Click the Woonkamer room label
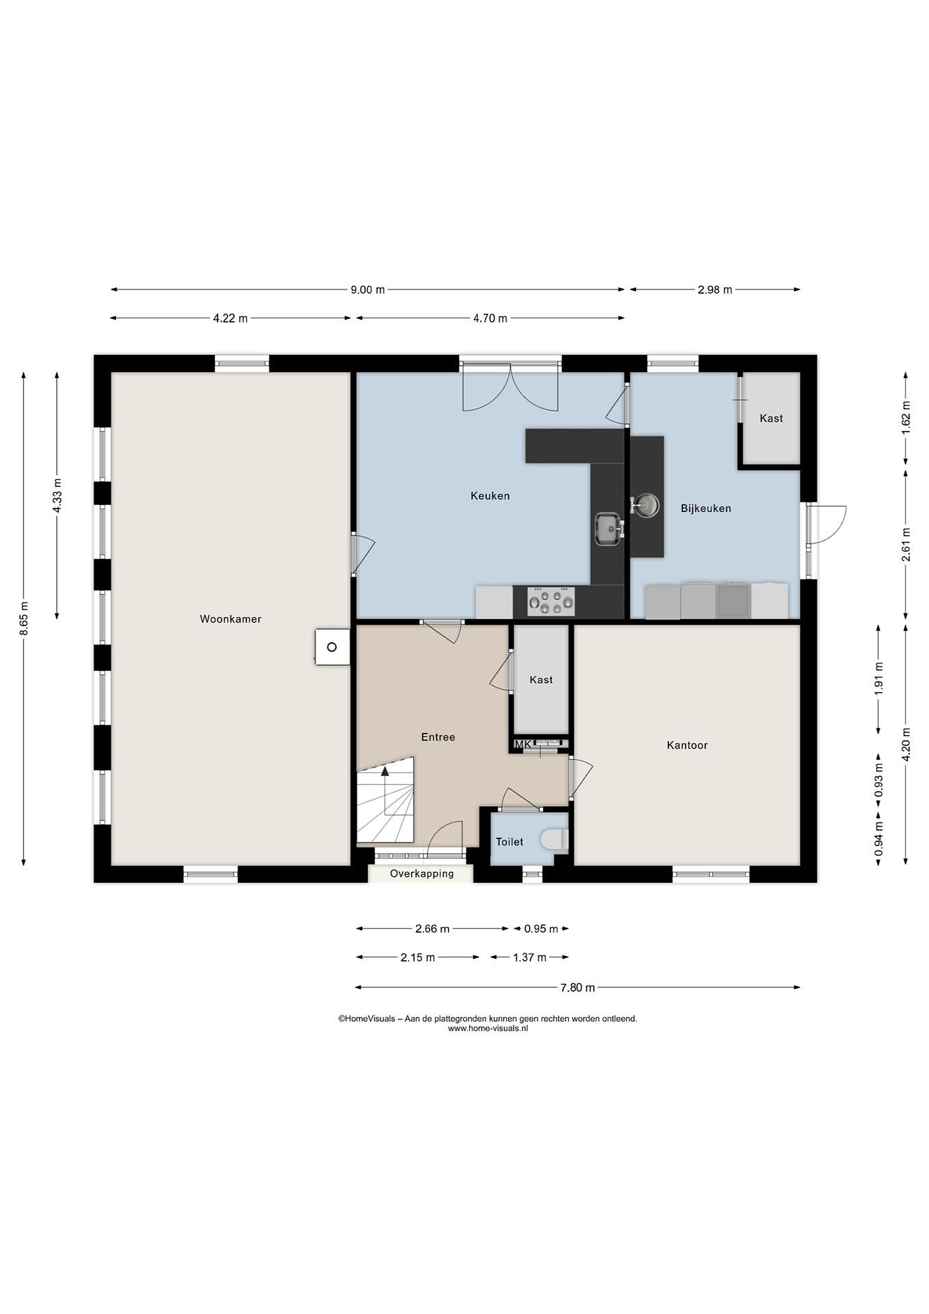pos(230,619)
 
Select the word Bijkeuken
pos(706,508)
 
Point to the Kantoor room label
pos(687,745)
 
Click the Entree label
pos(438,737)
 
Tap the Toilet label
pos(509,841)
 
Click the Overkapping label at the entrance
pos(421,874)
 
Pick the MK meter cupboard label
pos(523,745)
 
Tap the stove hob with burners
pos(551,601)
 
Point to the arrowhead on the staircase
pos(385,771)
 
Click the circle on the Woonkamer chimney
pos(332,647)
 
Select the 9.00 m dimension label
pos(368,290)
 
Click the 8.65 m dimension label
pos(24,619)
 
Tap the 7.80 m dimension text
pos(578,987)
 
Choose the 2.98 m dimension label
pos(715,290)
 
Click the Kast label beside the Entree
pos(541,680)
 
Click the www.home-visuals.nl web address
pos(488,1028)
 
